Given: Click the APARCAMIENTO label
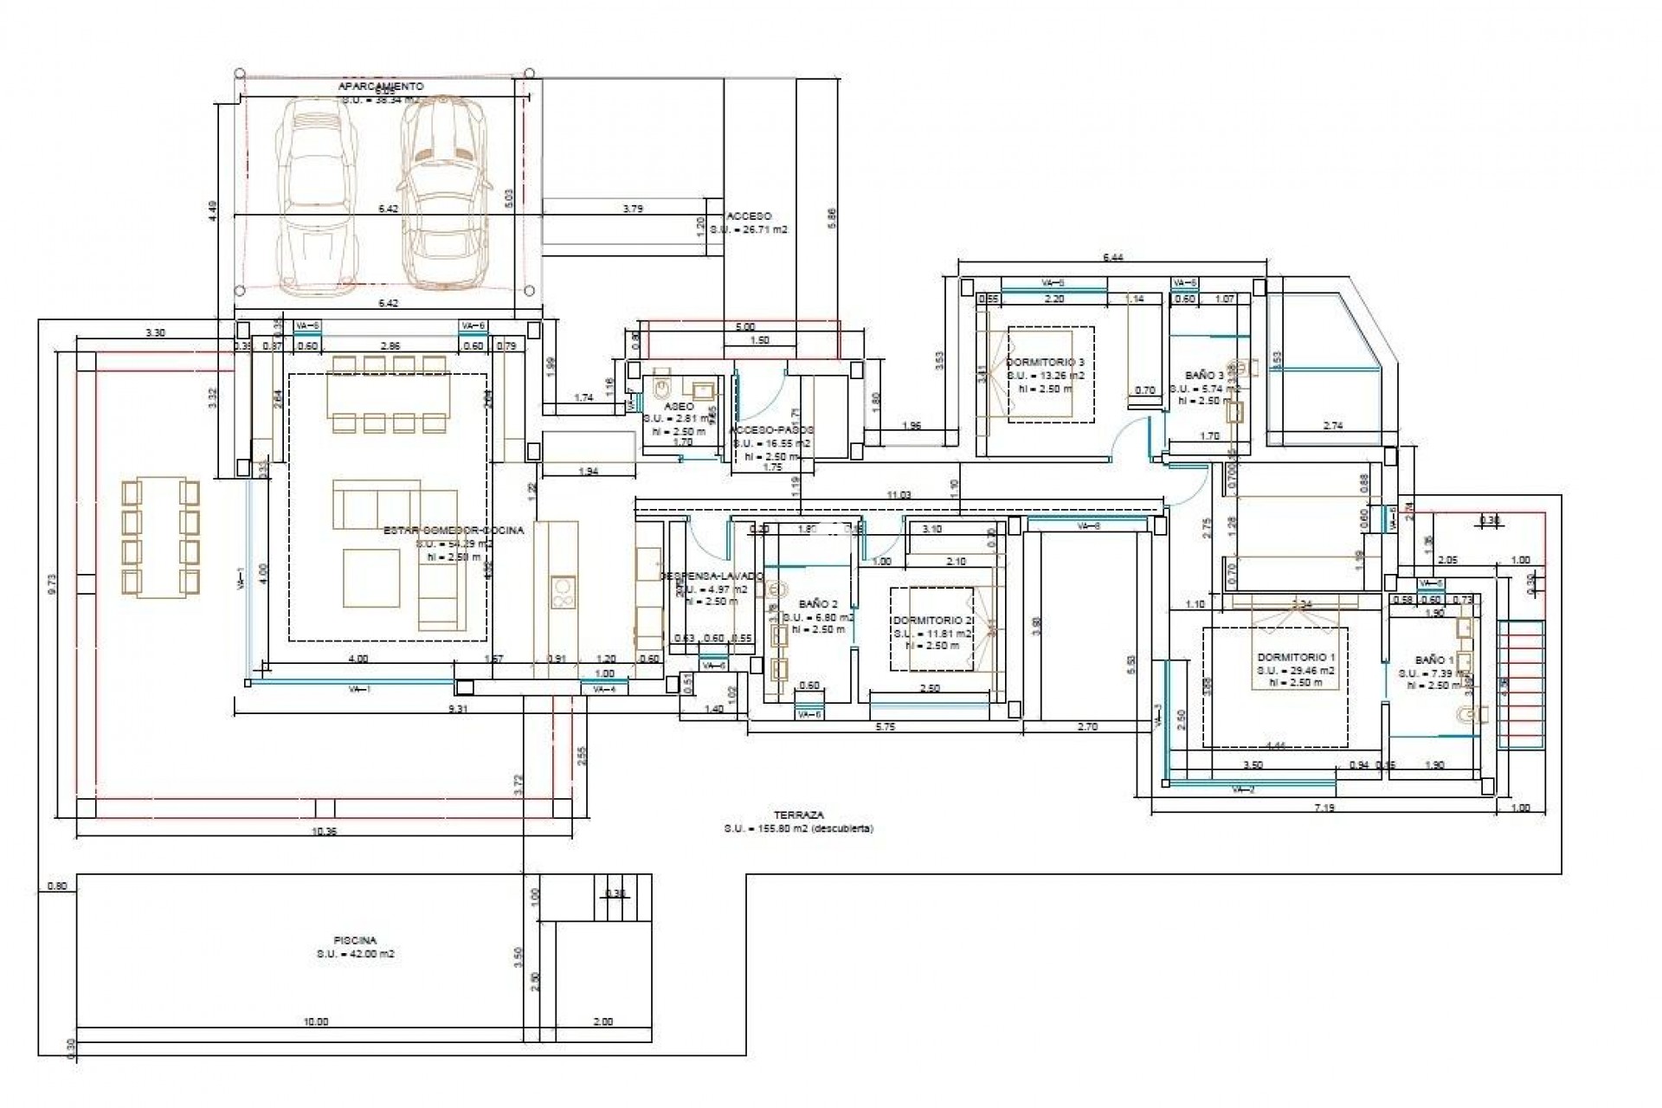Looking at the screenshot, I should point(381,87).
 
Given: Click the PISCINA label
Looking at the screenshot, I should point(355,939).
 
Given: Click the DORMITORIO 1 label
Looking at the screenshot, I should point(1296,657).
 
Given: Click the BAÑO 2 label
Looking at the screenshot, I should point(818,604).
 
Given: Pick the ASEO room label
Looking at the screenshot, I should point(674,405).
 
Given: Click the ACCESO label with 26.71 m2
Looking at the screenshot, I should point(749,216).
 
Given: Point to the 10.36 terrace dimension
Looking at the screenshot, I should point(322,831).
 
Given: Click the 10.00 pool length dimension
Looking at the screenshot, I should point(316,1021).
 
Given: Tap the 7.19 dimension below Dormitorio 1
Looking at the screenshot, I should point(1324,808).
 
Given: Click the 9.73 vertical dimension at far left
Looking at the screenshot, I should point(53,585).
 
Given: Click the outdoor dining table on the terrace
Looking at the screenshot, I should point(161,538).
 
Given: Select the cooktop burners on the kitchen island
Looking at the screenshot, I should point(563,591).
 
